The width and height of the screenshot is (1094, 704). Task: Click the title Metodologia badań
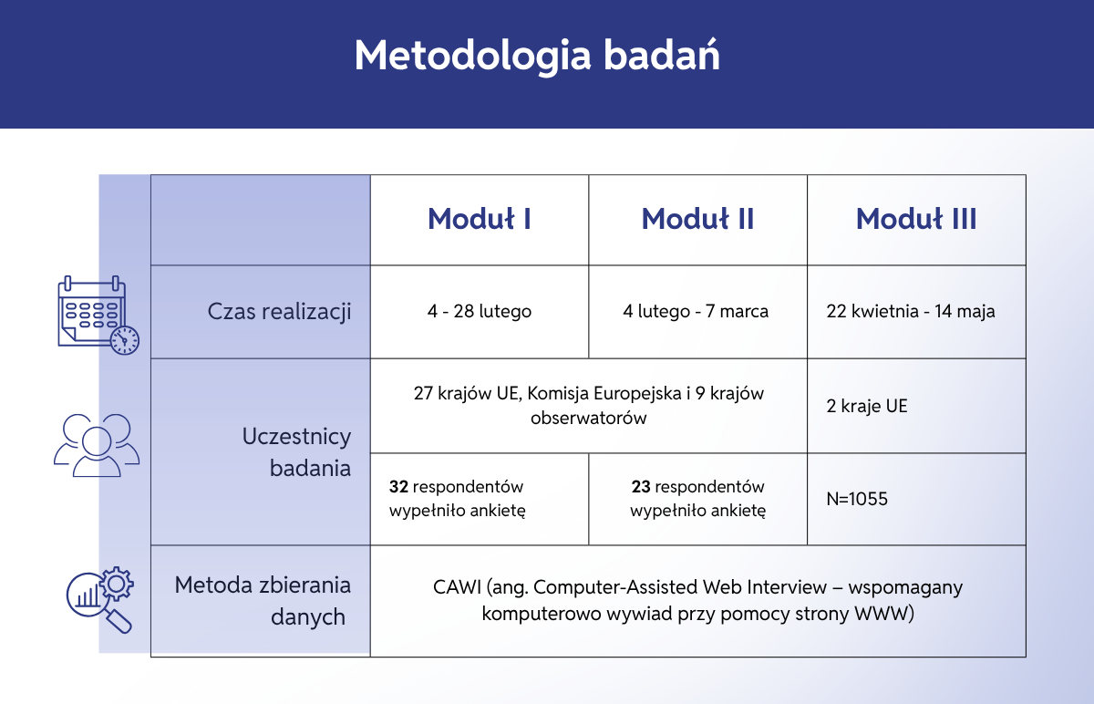tap(537, 56)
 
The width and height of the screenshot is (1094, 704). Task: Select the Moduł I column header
tap(480, 219)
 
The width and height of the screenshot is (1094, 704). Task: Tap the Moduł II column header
tap(697, 219)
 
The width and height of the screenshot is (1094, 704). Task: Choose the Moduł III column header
tap(916, 219)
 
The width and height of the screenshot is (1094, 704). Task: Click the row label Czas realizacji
tap(279, 311)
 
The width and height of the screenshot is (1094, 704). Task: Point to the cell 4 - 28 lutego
tap(480, 311)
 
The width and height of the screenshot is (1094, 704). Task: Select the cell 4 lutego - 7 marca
tap(696, 311)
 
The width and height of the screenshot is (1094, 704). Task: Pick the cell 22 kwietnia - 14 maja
tap(911, 311)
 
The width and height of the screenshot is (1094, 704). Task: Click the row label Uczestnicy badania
tap(296, 452)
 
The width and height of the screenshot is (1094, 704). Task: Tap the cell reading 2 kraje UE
tap(867, 406)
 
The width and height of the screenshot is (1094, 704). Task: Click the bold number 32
tap(398, 487)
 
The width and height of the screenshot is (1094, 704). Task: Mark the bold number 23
tap(640, 487)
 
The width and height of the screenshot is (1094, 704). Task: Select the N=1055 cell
tap(857, 499)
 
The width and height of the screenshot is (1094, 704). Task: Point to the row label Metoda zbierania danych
tap(263, 600)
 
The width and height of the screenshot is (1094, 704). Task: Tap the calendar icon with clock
tap(97, 315)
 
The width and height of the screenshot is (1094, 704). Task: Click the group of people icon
tap(97, 445)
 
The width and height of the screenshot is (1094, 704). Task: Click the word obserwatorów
tap(589, 419)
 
